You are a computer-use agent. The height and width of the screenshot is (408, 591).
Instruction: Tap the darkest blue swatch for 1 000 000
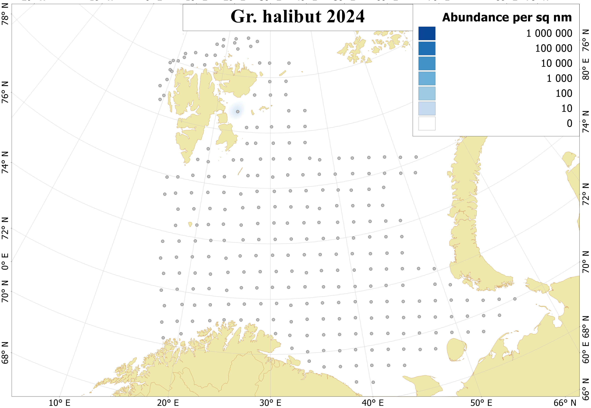coord(427,34)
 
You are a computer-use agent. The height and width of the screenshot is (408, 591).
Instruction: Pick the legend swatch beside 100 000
coord(427,49)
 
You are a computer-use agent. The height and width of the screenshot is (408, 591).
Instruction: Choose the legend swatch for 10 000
coord(427,63)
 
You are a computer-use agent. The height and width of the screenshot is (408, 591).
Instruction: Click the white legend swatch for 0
coord(427,124)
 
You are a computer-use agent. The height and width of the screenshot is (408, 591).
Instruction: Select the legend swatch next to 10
coord(427,108)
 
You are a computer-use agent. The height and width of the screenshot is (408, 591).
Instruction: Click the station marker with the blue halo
coord(238,112)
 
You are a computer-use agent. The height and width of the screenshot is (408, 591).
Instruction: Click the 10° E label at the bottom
coord(59,403)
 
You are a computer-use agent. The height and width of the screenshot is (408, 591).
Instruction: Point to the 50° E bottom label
coord(481,403)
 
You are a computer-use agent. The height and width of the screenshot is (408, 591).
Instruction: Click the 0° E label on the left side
coord(5,262)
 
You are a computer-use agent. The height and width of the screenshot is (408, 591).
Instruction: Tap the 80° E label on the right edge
coord(586,69)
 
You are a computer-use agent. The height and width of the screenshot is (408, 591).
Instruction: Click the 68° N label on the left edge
coord(5,353)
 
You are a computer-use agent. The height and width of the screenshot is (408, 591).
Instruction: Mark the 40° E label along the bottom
coord(373,403)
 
